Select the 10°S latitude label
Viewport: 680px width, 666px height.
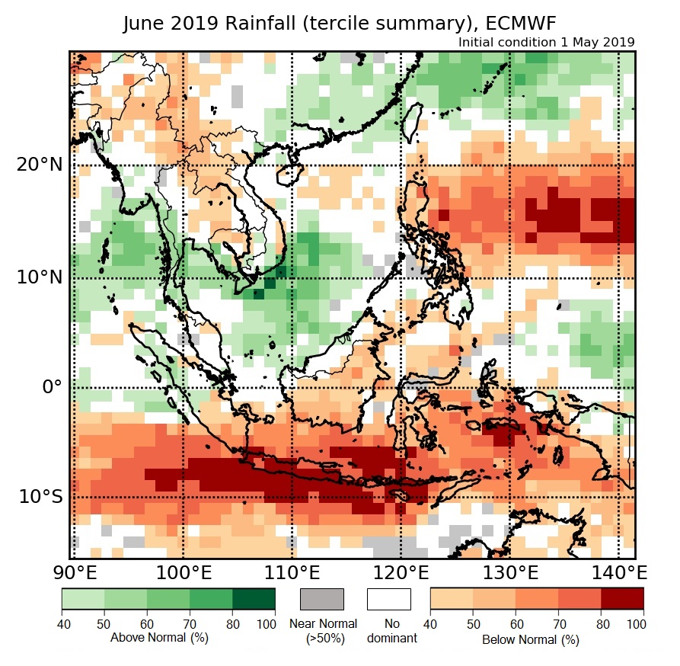pos(40,497)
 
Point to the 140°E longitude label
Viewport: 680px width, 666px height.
pos(615,572)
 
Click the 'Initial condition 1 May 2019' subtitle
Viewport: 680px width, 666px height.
pos(546,43)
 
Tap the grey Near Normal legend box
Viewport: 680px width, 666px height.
pos(322,599)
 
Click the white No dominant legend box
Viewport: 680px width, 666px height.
pos(388,599)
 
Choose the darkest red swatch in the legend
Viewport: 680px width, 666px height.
pos(622,599)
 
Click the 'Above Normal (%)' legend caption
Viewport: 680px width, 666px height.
pos(159,637)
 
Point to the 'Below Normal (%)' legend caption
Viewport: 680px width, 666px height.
pos(531,639)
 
